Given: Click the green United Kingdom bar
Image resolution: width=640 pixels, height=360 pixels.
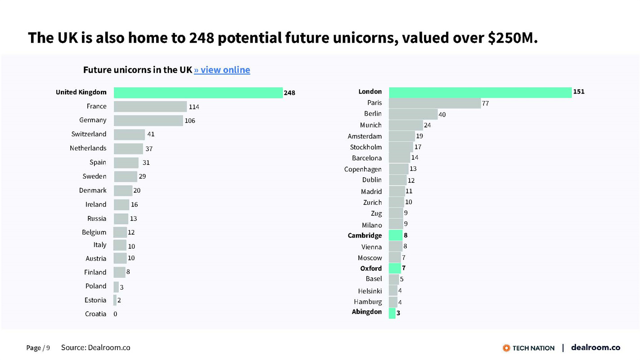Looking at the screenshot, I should (x=198, y=93).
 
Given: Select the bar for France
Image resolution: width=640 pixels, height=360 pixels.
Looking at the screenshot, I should (x=150, y=107).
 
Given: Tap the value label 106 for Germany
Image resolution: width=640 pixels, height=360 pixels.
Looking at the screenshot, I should (x=190, y=121).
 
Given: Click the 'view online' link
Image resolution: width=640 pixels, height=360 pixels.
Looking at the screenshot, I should (x=222, y=70).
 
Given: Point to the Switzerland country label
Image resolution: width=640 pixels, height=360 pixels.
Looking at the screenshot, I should (x=89, y=134).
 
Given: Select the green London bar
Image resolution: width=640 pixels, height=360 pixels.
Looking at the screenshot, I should (x=480, y=92).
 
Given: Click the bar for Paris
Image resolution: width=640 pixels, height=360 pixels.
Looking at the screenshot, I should (x=434, y=103).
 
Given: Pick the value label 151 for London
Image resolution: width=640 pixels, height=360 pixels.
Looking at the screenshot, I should (x=579, y=92).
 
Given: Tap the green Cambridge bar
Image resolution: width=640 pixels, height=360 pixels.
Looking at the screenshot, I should (x=396, y=235).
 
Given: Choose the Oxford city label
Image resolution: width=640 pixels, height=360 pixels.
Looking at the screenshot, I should (x=371, y=268).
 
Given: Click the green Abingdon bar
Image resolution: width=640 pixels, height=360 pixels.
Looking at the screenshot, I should (x=392, y=313).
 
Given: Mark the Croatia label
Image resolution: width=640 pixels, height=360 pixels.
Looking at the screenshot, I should (x=95, y=314).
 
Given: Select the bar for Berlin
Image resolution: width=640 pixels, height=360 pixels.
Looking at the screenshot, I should (x=413, y=114).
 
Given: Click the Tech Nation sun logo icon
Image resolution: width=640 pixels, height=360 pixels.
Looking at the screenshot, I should (x=506, y=348).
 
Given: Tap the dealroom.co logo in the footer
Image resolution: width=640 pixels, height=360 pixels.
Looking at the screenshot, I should (x=595, y=347).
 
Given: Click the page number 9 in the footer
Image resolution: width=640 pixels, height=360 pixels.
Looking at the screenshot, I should (x=48, y=348).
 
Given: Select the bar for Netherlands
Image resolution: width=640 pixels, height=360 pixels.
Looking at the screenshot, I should (x=128, y=148).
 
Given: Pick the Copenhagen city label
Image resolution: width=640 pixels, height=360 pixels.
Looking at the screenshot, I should (x=363, y=169).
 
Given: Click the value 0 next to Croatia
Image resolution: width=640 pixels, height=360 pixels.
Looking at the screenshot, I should (x=115, y=314).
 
